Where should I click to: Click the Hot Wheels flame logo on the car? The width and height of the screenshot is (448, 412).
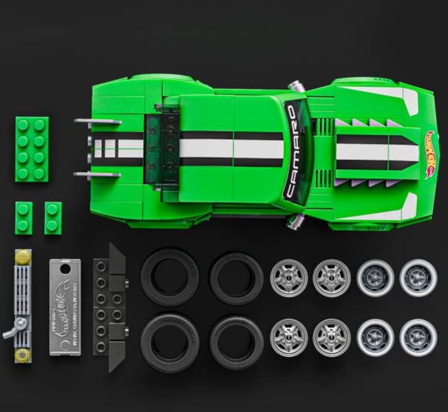click(430, 154)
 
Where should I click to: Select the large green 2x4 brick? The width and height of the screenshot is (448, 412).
click(31, 149)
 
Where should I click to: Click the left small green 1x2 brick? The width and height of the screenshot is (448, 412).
click(24, 218)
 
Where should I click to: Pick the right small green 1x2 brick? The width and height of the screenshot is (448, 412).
click(53, 218)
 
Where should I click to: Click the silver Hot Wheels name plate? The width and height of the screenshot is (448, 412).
click(64, 306)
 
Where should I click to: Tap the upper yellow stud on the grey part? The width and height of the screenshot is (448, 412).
click(23, 257)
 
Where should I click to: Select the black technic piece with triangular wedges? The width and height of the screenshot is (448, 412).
click(109, 307)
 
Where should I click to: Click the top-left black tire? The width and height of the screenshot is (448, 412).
click(169, 276)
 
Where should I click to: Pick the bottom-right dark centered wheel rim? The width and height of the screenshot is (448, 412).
click(418, 338)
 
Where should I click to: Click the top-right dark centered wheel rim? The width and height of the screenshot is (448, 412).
click(418, 278)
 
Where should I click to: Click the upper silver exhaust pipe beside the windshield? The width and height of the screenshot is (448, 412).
click(295, 86)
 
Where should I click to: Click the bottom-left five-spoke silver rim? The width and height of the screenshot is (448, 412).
click(288, 338)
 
